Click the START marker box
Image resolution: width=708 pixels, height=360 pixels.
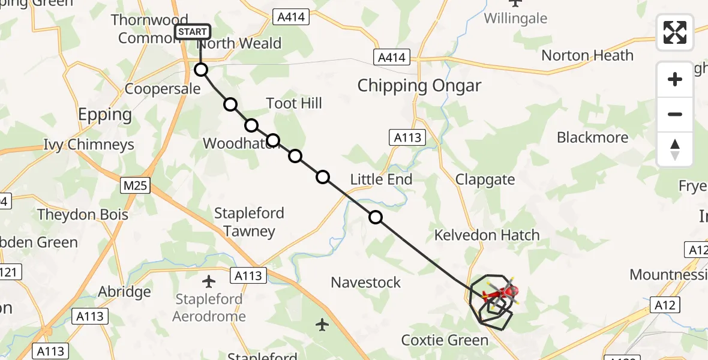(193, 32)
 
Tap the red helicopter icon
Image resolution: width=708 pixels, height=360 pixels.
(499, 294)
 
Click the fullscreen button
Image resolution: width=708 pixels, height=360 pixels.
(675, 32)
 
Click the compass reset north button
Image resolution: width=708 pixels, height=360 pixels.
(675, 149)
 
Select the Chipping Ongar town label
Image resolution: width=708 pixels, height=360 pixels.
(419, 86)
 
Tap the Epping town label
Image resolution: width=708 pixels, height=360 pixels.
(106, 115)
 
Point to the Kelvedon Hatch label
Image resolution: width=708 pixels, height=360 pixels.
(488, 235)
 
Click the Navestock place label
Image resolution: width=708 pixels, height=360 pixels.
(365, 282)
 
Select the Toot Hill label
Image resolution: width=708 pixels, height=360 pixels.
(294, 103)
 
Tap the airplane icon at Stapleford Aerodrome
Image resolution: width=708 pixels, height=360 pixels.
(209, 281)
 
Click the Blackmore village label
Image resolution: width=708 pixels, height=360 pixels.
(592, 137)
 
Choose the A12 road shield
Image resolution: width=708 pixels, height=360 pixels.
(665, 305)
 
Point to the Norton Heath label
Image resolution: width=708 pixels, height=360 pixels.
(587, 56)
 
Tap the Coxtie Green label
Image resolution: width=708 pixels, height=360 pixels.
(445, 340)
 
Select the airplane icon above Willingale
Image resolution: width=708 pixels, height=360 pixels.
(515, 2)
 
